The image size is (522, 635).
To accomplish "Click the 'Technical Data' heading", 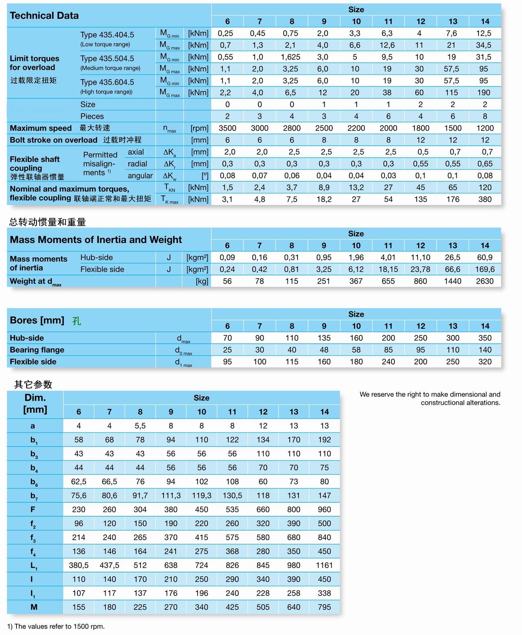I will tap(44, 16).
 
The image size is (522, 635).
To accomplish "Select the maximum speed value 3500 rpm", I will tap(227, 128).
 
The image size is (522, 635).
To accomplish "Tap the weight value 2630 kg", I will tap(485, 281).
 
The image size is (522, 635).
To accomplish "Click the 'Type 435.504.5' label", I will tap(107, 59).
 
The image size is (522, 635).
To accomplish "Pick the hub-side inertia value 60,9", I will tap(485, 257).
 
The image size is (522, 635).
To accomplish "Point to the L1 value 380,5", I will tap(79, 565).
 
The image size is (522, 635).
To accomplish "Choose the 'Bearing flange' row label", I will tap(37, 350).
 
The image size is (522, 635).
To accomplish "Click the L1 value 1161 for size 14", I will tap(324, 565).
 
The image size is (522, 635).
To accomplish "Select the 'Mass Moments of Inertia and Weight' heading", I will tap(96, 240).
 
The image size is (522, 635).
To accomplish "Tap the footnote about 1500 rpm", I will tap(56, 627).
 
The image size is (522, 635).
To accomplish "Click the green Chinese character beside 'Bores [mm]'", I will tap(77, 321).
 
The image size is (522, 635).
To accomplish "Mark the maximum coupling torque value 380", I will tap(485, 199).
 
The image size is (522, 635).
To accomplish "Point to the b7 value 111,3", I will tap(171, 496).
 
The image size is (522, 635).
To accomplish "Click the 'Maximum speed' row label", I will tap(40, 128).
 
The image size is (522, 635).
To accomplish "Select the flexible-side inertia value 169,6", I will tap(485, 270).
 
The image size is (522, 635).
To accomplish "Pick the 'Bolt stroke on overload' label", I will tap(54, 140).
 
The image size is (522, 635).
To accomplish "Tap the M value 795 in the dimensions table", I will tap(324, 607).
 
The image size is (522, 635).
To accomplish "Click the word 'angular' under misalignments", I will tap(140, 176).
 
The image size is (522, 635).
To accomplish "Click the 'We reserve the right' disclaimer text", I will tap(430, 398).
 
